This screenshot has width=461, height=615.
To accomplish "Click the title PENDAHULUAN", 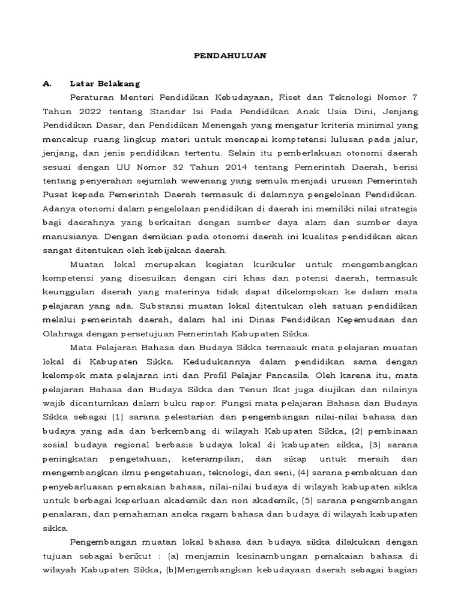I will click(230, 55).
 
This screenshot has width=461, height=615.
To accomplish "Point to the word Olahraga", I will click(63, 333).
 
